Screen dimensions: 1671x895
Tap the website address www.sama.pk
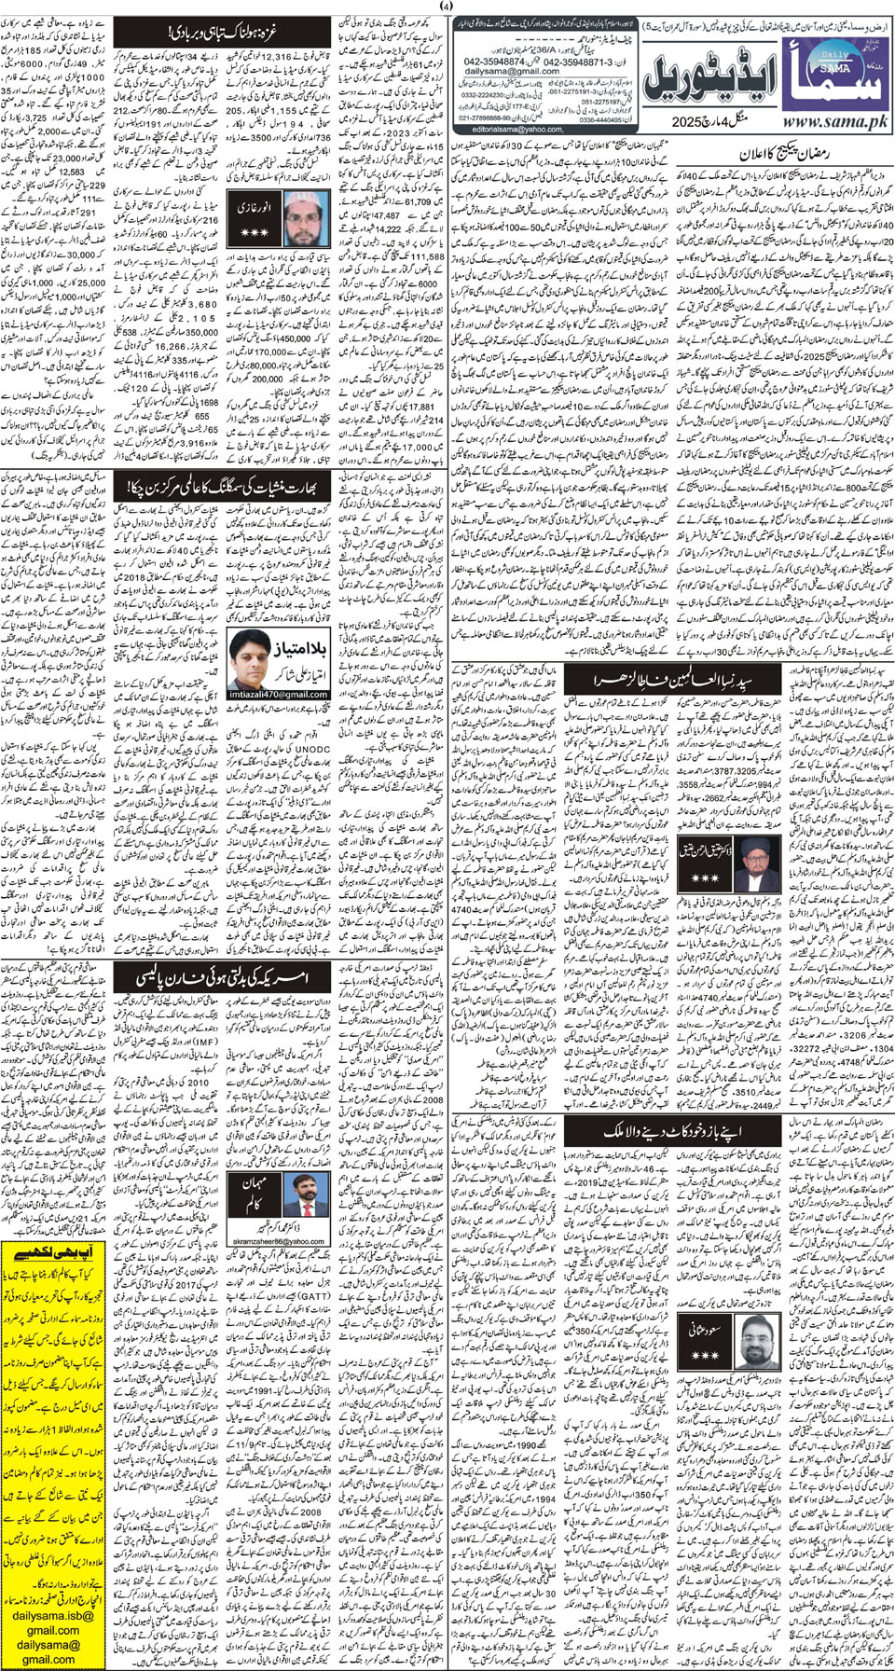point(832,121)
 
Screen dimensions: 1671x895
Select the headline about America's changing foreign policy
point(224,975)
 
